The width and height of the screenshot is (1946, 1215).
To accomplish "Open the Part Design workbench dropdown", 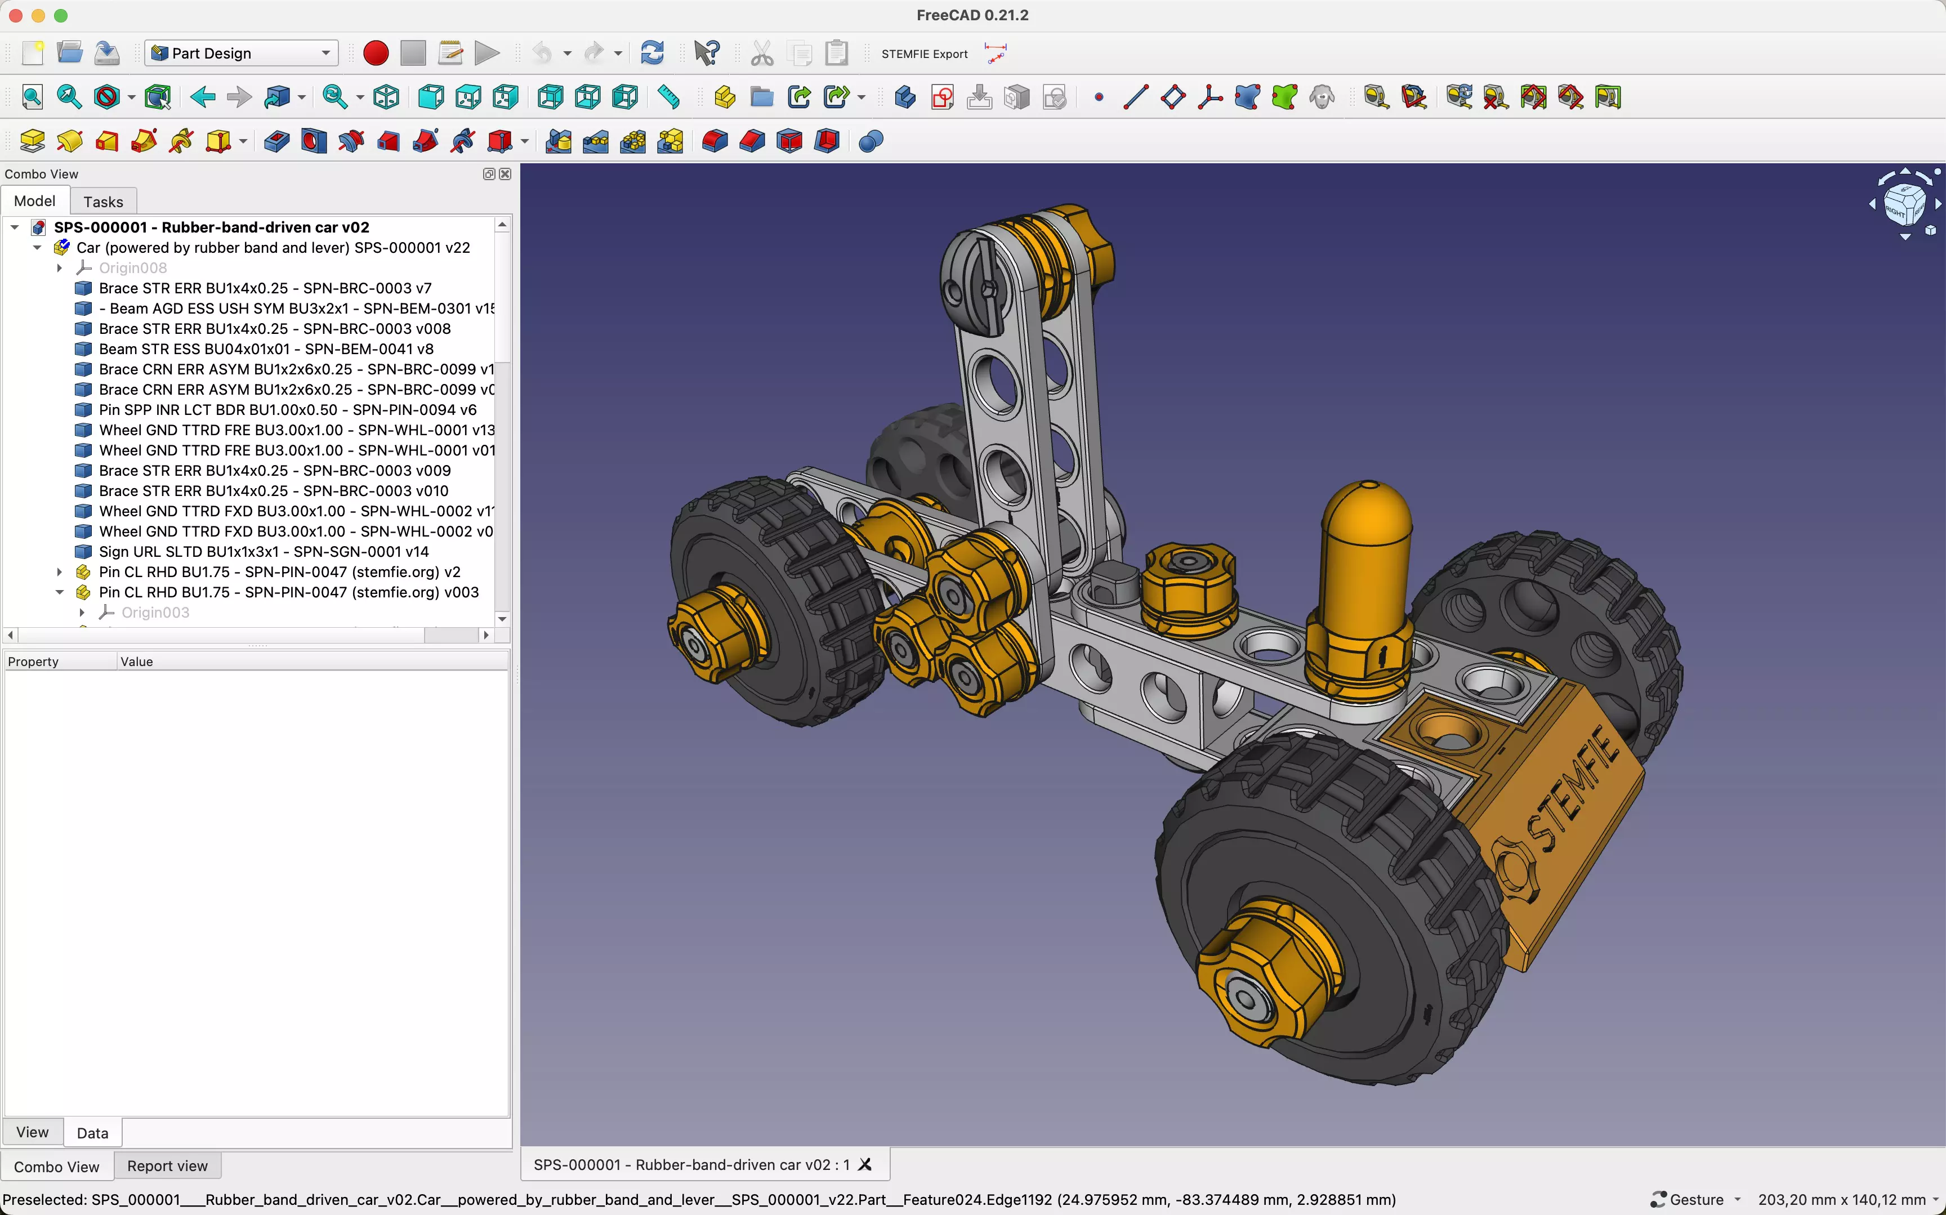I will tap(241, 53).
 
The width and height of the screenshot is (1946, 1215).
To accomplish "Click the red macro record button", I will tap(375, 53).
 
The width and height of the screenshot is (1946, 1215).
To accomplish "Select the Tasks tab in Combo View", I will tap(103, 202).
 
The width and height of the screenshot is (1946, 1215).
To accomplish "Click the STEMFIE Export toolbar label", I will tap(924, 54).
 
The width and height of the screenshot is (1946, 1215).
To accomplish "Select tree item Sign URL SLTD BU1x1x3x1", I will tap(264, 551).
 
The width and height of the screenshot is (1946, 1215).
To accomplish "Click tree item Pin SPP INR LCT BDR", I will tap(287, 410).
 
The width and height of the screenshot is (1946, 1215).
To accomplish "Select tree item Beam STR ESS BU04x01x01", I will tap(266, 349).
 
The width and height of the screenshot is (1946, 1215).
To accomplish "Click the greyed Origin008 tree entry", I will tap(132, 267).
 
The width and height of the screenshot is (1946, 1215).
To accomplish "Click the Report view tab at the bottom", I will tap(167, 1165).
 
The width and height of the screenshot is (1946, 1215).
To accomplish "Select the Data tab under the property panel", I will tap(92, 1132).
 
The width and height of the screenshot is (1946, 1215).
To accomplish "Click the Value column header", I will tap(137, 662).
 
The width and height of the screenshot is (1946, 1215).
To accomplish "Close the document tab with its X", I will tap(865, 1164).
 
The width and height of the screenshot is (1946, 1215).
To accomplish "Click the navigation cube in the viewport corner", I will tap(1903, 203).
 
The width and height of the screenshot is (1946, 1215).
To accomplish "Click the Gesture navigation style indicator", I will tap(1695, 1199).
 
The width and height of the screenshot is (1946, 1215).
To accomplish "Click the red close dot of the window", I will tap(15, 15).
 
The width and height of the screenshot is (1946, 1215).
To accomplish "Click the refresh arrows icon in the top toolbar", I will tap(651, 53).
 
